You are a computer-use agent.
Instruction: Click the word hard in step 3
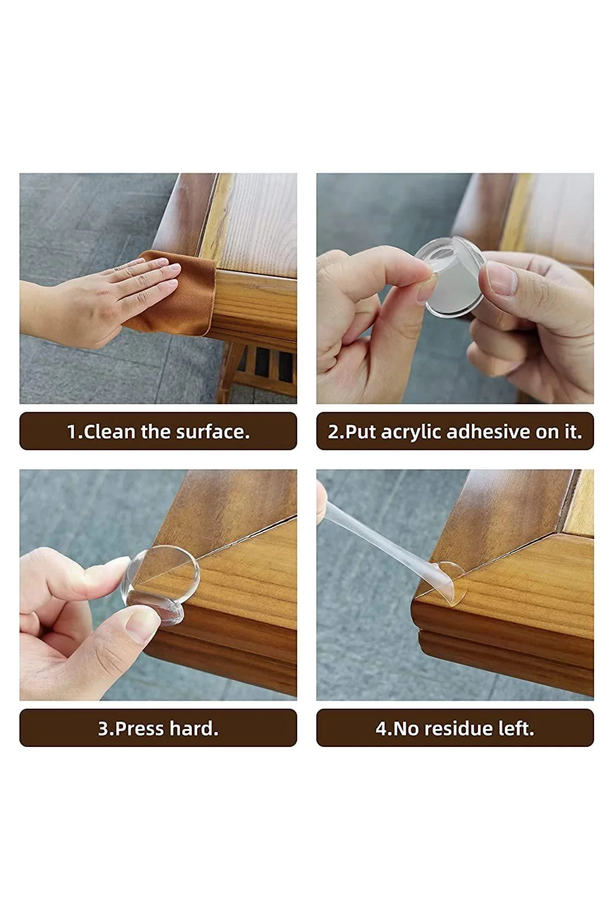tap(192, 729)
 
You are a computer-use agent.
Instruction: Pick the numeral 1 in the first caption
tap(72, 432)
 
